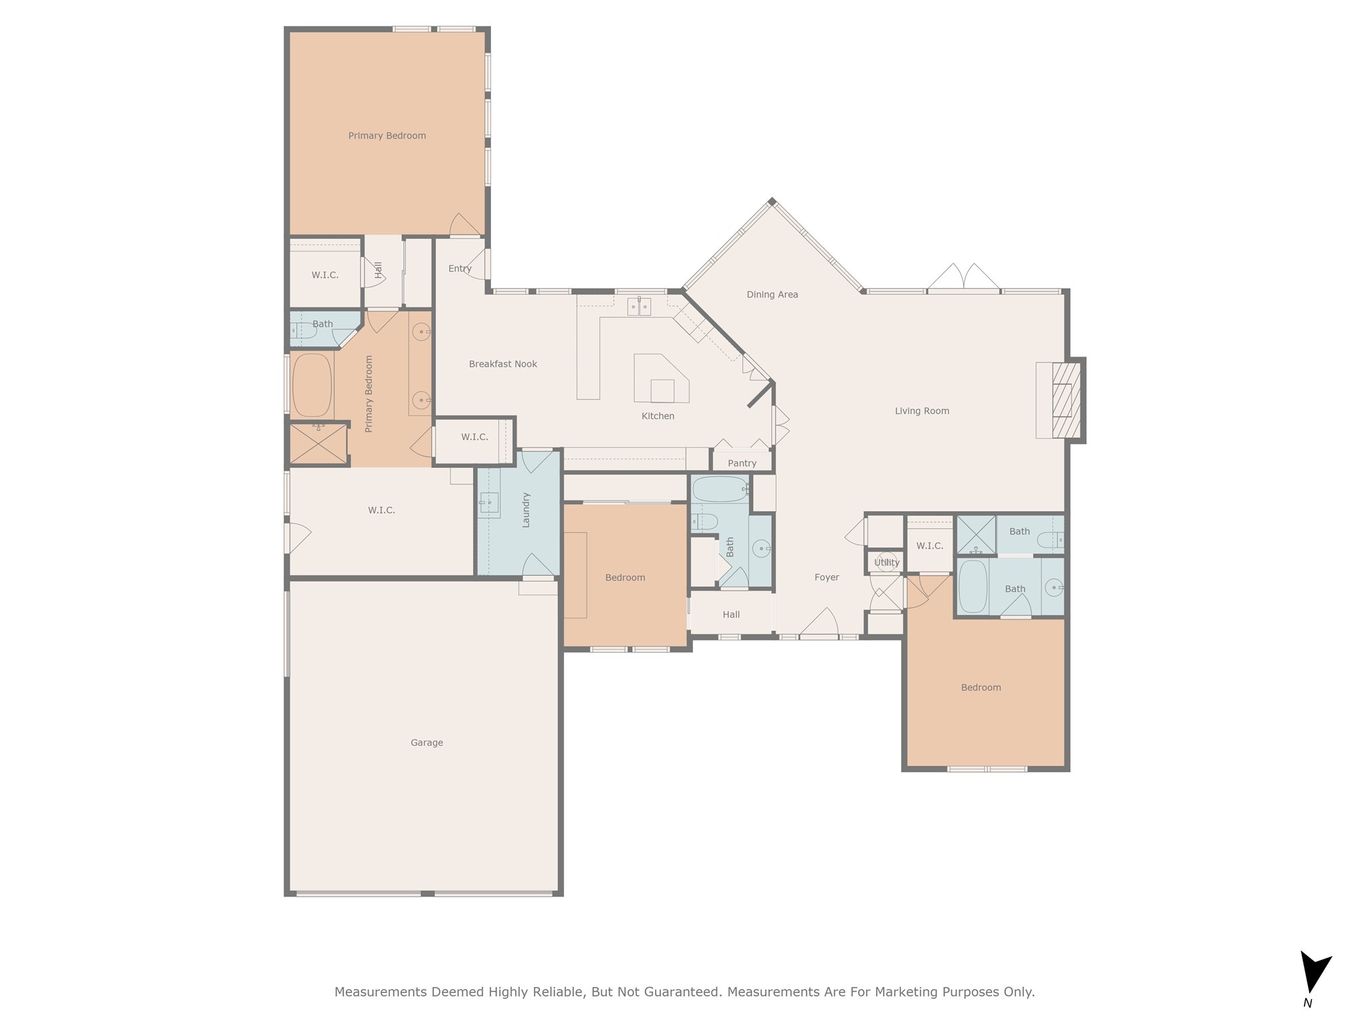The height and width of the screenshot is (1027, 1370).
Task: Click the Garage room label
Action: tap(427, 742)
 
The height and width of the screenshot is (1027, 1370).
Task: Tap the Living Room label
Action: tap(922, 411)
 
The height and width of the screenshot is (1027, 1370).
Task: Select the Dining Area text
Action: tap(772, 294)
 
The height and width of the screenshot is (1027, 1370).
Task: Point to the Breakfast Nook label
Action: tap(502, 364)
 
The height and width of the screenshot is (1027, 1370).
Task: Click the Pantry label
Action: tap(742, 463)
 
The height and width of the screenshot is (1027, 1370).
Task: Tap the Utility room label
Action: tap(886, 562)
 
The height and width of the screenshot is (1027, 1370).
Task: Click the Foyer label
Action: tap(826, 577)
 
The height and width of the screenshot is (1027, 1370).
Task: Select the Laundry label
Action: tap(526, 509)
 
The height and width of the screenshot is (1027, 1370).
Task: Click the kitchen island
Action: tap(661, 379)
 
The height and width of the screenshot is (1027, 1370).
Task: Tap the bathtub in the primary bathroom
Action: tap(312, 385)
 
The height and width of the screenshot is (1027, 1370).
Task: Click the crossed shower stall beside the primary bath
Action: tap(318, 444)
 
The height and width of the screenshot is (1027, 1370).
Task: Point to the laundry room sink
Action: tap(488, 501)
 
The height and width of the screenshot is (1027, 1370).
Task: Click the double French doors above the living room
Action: tap(963, 279)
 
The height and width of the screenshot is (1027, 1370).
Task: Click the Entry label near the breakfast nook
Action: tap(460, 268)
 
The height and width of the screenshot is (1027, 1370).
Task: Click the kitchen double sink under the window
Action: tap(640, 307)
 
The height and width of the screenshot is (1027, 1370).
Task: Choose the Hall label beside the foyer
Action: tap(730, 614)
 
